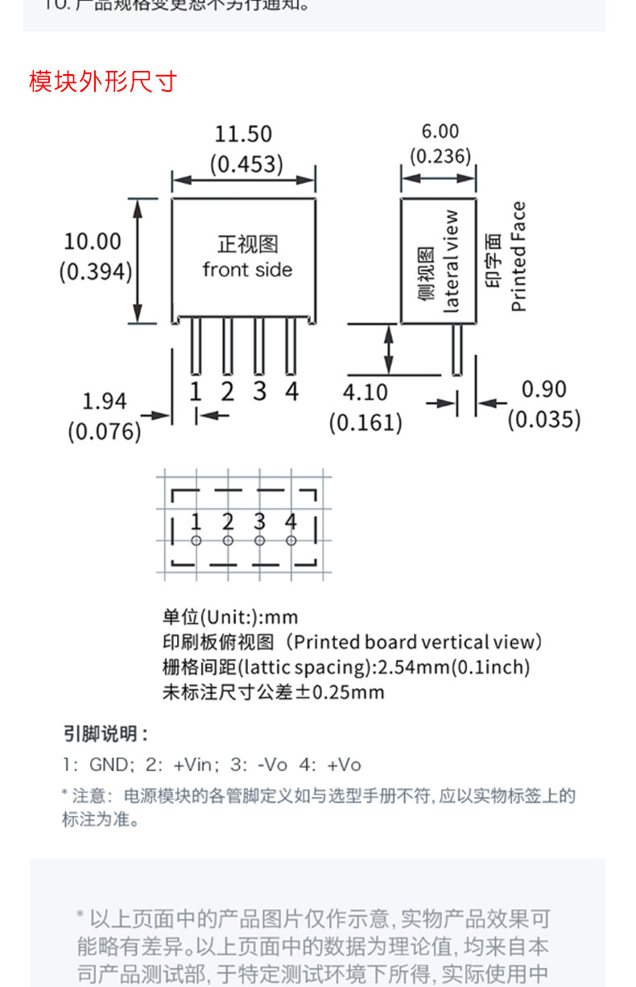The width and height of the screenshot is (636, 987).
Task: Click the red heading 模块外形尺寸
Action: coord(102,81)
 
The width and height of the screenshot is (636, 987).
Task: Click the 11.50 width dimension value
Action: coord(243,134)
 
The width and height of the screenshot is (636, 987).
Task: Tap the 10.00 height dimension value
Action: coord(93,241)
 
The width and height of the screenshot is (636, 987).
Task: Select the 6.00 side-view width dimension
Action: coord(440,131)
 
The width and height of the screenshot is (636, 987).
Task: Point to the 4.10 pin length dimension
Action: coord(365,392)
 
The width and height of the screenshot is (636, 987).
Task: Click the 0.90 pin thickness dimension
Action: coord(544,389)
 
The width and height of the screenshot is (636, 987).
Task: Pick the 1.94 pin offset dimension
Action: coord(105,401)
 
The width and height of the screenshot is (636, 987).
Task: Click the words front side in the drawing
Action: coord(247,270)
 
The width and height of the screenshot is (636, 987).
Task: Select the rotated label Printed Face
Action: coord(518,256)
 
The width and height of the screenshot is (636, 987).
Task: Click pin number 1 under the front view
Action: coord(195,392)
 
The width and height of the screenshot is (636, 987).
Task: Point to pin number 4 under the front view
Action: coord(291,392)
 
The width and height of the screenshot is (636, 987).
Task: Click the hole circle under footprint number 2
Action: coord(228,541)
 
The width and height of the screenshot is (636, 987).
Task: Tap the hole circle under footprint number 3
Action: coord(259,541)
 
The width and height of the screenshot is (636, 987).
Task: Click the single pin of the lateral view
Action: coord(456,349)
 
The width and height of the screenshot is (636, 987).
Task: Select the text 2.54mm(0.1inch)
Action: coord(454,667)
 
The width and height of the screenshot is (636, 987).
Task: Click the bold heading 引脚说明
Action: coord(105,734)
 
